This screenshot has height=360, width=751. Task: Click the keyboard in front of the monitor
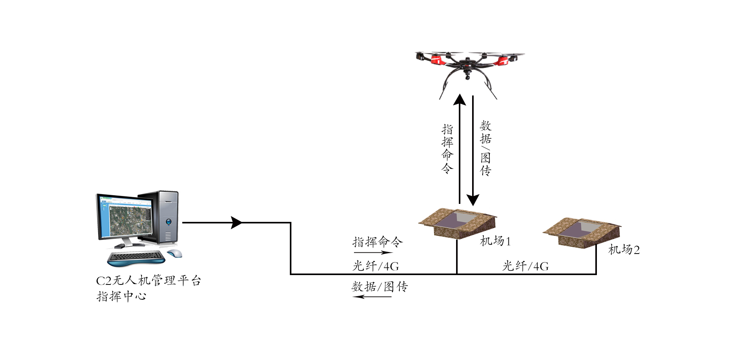136,257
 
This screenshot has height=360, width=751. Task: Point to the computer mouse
174,253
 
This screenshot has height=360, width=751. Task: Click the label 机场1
495,241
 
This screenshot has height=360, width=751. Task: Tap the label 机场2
624,250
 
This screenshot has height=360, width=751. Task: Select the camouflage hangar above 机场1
458,223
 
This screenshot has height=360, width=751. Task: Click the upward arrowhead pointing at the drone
460,100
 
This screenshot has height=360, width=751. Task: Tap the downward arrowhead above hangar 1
473,200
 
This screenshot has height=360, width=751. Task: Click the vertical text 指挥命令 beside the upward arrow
447,149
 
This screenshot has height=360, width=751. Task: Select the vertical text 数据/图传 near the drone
485,148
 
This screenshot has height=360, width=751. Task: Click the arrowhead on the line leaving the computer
237,223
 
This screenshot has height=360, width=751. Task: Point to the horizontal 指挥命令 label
377,242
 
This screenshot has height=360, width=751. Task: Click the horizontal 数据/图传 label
379,287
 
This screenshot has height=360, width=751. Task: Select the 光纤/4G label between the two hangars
525,266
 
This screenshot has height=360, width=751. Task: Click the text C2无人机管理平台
148,281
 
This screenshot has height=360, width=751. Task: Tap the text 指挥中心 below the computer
121,296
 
